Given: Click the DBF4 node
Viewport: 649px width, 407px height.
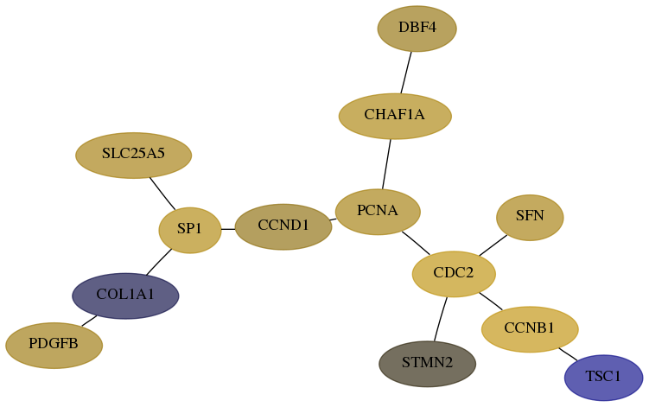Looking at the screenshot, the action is (417, 29).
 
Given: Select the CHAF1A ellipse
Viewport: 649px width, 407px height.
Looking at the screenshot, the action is (395, 116).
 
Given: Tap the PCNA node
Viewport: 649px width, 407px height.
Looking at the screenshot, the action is (378, 212).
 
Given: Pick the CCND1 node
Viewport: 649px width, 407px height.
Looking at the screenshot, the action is (283, 226).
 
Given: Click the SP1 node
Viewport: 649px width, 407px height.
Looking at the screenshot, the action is (190, 230).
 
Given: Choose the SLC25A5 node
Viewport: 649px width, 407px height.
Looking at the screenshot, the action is (133, 156).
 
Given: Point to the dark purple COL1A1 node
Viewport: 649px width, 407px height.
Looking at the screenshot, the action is (125, 296).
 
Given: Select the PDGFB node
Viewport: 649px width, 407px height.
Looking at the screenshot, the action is (54, 346).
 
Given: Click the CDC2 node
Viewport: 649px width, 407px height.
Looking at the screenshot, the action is (454, 274).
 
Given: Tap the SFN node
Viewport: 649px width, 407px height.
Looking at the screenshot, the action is (530, 218).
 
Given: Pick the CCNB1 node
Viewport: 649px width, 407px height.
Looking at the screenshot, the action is (530, 329).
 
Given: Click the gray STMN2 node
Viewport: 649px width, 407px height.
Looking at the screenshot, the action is (428, 364).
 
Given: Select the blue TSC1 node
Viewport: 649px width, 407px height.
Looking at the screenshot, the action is (603, 378).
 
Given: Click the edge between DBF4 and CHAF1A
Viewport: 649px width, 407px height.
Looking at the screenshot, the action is (406, 73).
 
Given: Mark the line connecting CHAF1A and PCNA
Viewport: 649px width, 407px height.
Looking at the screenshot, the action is (386, 164).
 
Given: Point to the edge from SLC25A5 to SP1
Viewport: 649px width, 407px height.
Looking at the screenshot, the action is (162, 194).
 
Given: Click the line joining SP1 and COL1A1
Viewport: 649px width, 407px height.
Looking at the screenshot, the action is (159, 262).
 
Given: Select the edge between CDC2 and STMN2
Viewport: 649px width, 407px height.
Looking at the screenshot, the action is (441, 319).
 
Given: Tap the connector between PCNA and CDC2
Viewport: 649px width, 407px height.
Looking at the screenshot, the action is (416, 243).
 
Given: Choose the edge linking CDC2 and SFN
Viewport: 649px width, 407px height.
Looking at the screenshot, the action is (493, 245).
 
